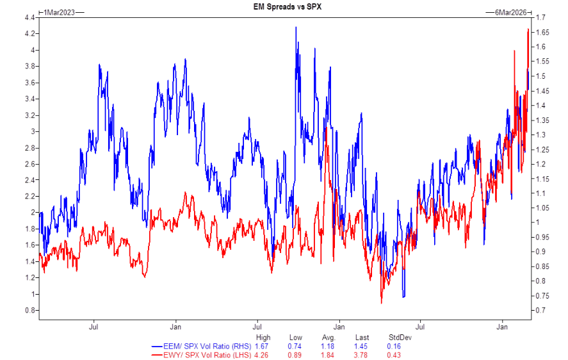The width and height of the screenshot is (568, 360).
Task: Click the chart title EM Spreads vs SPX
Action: tap(284, 6)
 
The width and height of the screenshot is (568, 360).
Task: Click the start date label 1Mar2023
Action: tap(60, 13)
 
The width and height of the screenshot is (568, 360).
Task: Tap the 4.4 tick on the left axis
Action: tap(29, 17)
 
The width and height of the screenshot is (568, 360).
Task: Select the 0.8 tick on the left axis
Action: tap(29, 311)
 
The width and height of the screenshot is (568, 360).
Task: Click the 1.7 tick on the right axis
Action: tap(540, 17)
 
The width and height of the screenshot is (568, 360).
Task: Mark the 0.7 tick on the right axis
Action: tap(540, 311)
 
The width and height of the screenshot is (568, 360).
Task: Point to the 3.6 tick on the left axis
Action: tap(29, 83)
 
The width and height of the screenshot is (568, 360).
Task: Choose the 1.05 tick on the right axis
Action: tap(542, 208)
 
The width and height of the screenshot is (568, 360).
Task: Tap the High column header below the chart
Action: tap(263, 338)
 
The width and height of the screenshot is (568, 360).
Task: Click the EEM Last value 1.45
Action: tap(363, 346)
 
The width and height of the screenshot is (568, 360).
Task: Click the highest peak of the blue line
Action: tap(296, 27)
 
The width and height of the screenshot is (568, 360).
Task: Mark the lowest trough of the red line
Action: tap(382, 303)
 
